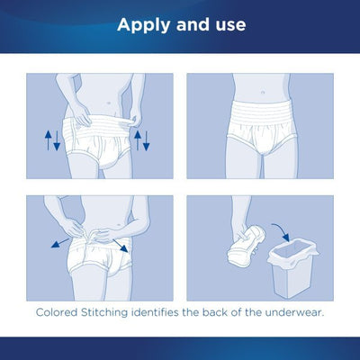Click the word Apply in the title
tap(142, 24)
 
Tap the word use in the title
tap(225, 24)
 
